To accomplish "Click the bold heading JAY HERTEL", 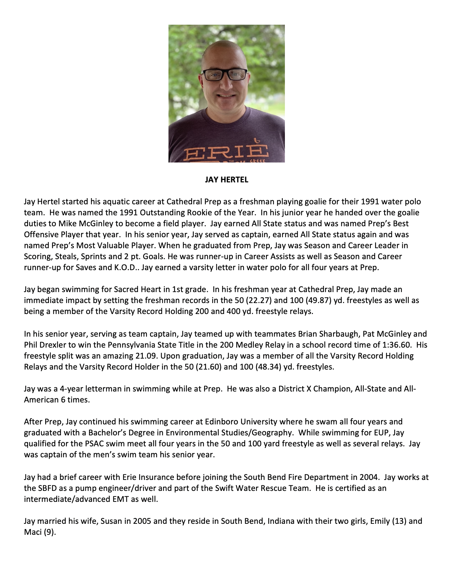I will click(226, 180).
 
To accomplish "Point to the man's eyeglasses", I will click(225, 74).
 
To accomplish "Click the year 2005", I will click(142, 521).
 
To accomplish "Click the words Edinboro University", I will click(241, 422).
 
